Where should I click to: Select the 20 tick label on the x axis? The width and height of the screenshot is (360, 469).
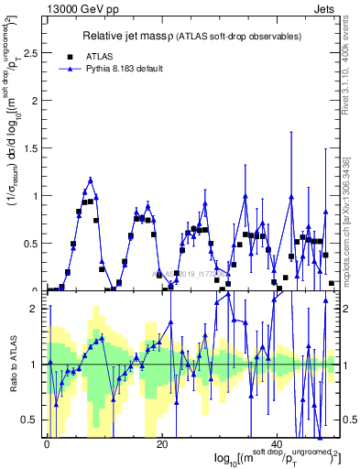[x=161, y=443]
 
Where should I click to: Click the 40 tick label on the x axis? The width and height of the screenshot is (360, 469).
[x=277, y=443]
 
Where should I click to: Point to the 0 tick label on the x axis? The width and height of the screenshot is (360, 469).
[x=47, y=443]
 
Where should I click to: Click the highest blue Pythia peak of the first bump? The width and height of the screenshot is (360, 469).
[x=91, y=180]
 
